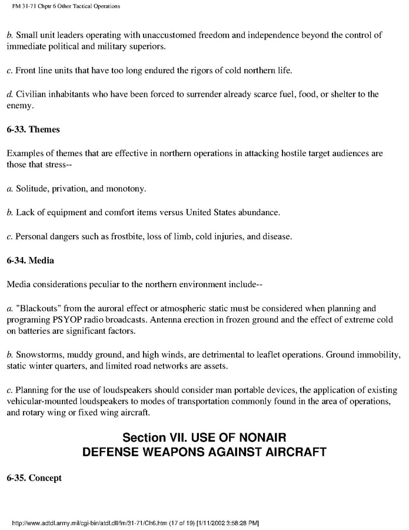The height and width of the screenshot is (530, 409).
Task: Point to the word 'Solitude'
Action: tap(32, 189)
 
